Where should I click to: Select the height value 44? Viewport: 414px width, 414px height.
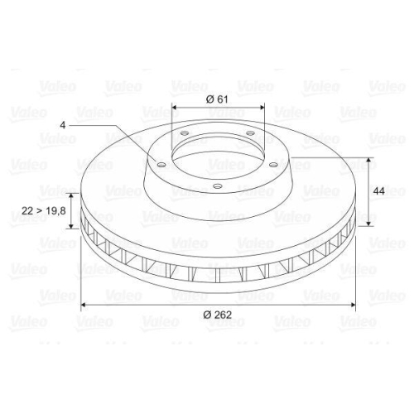[379, 191]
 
